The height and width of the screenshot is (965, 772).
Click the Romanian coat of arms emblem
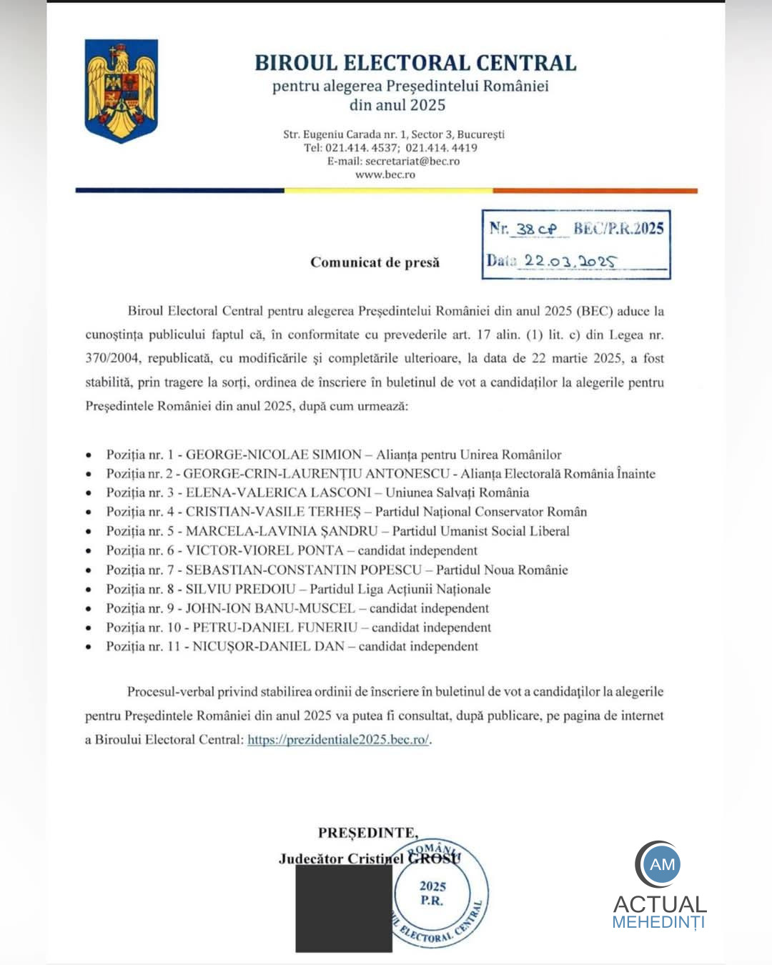click(x=121, y=91)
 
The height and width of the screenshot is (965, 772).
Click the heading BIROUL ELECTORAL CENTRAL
click(x=415, y=63)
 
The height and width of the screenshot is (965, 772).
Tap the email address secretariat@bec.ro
click(x=412, y=162)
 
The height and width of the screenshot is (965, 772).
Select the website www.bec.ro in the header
click(x=385, y=174)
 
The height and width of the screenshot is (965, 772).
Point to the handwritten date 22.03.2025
click(x=569, y=261)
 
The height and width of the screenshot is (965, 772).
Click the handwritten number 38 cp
click(x=536, y=229)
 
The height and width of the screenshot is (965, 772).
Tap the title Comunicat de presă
click(x=375, y=262)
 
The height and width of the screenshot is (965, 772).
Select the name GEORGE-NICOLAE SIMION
click(x=274, y=455)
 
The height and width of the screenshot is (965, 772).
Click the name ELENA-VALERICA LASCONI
click(x=278, y=493)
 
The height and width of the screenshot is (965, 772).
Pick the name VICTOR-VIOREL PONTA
click(x=264, y=550)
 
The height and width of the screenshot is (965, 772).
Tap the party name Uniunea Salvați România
click(x=457, y=493)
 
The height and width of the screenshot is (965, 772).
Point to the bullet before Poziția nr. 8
click(x=89, y=590)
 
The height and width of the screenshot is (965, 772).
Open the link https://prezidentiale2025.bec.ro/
click(x=338, y=740)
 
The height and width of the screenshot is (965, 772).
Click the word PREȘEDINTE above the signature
click(x=367, y=833)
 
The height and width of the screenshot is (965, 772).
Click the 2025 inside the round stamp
click(x=432, y=886)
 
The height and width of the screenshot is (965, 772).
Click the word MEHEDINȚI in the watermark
click(x=658, y=922)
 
